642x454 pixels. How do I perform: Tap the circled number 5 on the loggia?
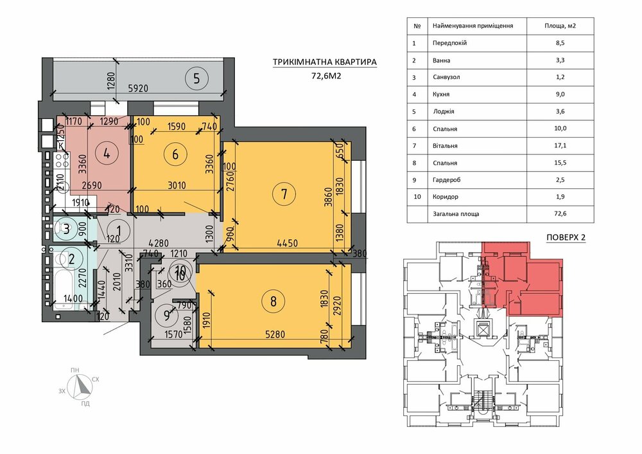[196, 78]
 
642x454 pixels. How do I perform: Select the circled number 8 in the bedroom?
[273, 302]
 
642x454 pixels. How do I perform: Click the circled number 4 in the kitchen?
[107, 154]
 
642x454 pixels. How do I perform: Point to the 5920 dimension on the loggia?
[138, 88]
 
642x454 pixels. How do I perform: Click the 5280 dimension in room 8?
[275, 334]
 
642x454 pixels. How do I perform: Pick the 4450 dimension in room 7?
[288, 243]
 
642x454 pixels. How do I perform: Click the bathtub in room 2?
[64, 287]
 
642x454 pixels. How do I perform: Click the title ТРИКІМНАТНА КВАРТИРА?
[325, 62]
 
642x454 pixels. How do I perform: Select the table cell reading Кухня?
[441, 95]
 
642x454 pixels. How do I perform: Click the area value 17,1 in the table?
[560, 145]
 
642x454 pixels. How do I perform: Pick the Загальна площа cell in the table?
[456, 213]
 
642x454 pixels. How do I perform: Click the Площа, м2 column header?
[560, 26]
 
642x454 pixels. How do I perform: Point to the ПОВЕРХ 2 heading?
[566, 237]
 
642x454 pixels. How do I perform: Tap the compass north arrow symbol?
[83, 386]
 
